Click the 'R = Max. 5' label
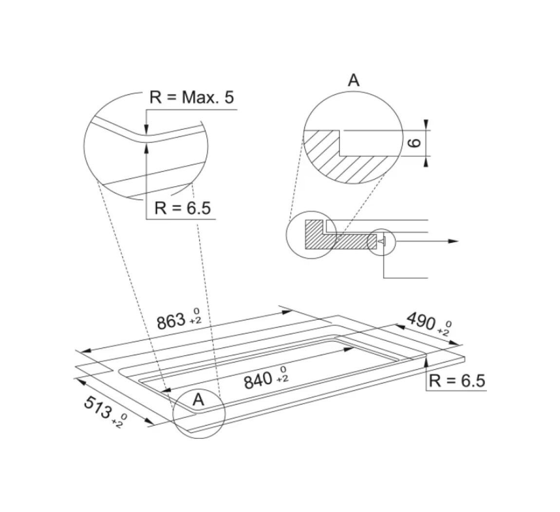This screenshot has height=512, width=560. [191, 97]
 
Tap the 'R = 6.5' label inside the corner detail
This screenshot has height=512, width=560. [183, 208]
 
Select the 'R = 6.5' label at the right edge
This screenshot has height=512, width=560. [457, 381]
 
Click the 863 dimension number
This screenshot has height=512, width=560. [171, 321]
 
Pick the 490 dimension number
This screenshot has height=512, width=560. [422, 321]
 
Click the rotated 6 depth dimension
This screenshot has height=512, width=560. [414, 143]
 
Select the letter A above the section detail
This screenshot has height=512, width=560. [354, 80]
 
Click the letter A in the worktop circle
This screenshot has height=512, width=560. [199, 399]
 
